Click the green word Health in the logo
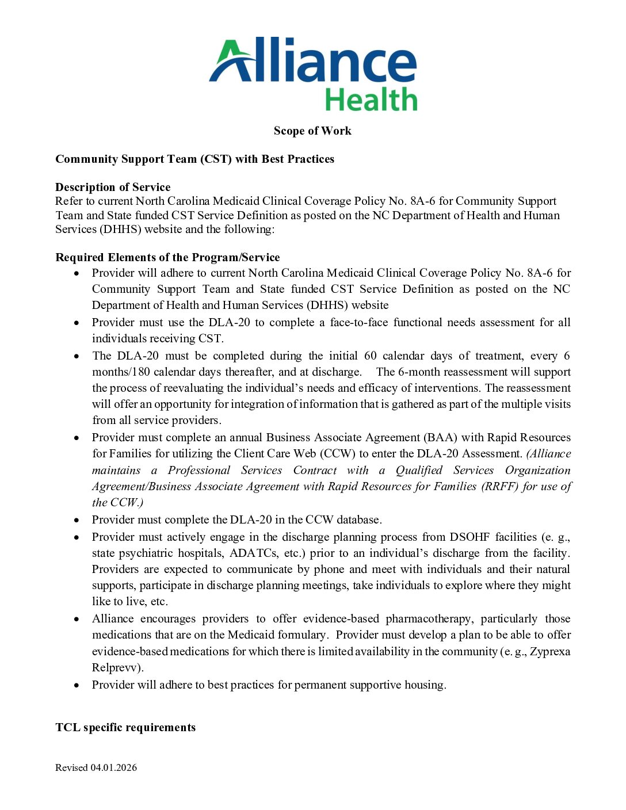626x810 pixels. point(371,100)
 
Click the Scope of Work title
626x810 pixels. point(312,131)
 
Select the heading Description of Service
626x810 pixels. point(113,187)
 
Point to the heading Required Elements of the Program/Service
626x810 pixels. point(167,257)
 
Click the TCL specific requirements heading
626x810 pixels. point(125,727)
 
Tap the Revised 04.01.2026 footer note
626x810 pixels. point(96,767)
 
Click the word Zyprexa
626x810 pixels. point(550,651)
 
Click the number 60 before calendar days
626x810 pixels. point(371,356)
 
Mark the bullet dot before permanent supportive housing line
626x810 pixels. point(77,685)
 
